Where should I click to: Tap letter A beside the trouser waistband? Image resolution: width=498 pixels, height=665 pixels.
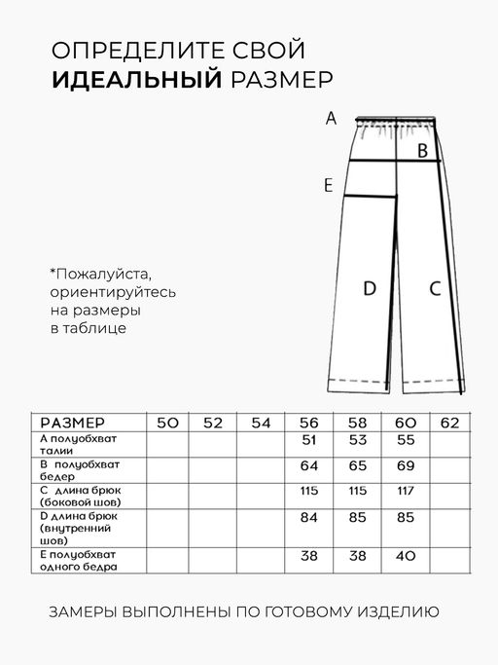coord(331,119)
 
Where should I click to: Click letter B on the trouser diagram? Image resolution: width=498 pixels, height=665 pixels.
coord(422,151)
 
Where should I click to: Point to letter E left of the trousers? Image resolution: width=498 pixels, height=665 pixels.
coord(329,185)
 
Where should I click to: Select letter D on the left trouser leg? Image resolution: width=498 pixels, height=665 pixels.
coord(370,288)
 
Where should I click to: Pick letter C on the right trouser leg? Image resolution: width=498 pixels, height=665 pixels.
coord(435,288)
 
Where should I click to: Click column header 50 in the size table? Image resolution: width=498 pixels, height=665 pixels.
coord(167,423)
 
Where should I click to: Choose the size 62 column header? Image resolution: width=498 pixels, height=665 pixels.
coord(450,423)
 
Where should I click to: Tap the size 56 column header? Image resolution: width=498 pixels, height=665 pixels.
coord(309,423)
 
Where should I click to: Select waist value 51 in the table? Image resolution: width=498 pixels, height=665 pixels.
coord(309,440)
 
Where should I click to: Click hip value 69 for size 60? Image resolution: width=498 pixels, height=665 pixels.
coord(406,464)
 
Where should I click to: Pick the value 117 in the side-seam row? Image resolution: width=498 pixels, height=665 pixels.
coord(406,489)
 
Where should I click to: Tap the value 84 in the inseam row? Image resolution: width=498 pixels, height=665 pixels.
coord(309,517)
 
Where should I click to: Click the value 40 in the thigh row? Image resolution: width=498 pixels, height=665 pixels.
coord(406,557)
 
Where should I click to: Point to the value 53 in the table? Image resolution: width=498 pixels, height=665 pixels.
coord(357,440)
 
